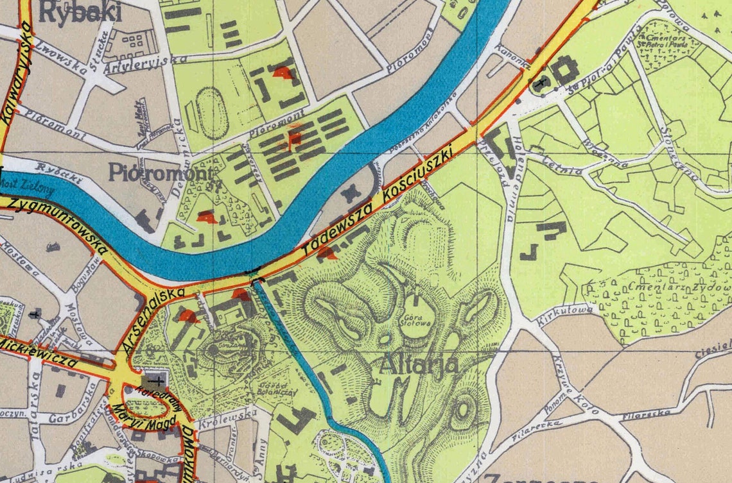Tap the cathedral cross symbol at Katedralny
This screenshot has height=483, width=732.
[156, 379]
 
